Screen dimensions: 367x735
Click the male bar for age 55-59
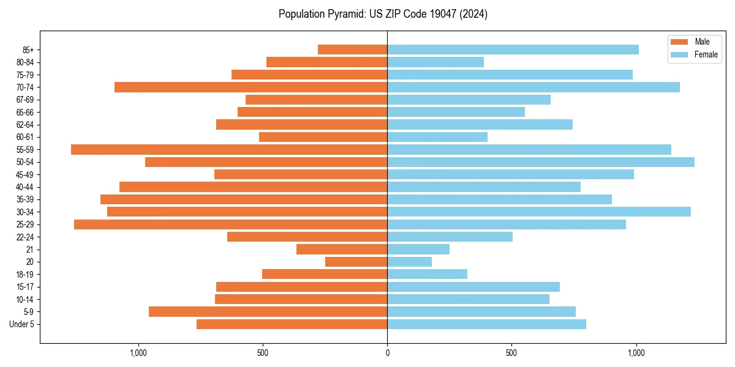[229, 149]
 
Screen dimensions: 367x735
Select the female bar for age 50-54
[541, 162]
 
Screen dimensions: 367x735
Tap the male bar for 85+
[352, 50]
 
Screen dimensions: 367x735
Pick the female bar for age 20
[409, 262]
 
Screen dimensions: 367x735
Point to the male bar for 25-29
[230, 224]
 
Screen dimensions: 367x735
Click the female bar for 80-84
[435, 62]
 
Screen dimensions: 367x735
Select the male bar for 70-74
[251, 87]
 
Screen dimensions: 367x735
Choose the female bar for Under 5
[486, 324]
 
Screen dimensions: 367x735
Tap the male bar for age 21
[342, 250]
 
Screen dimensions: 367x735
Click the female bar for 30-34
[539, 212]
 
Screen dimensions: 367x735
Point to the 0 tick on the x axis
[387, 353]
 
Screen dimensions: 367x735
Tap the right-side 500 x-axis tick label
[511, 353]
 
